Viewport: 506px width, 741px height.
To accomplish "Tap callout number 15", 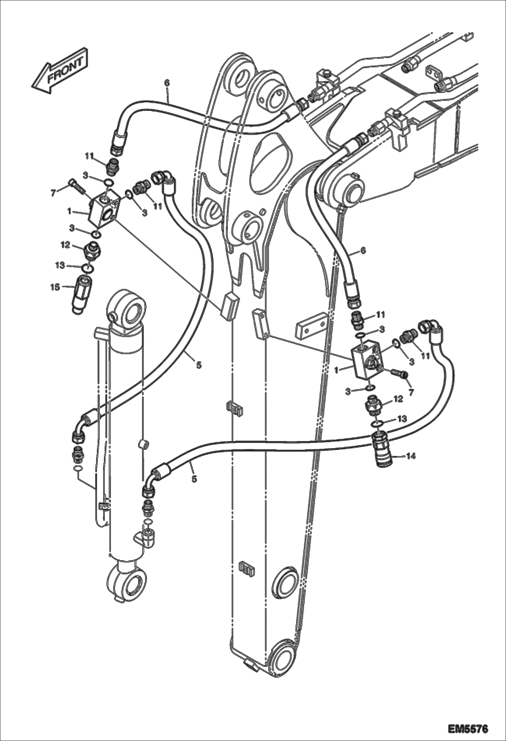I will click(x=55, y=287).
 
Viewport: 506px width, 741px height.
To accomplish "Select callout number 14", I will click(x=410, y=456).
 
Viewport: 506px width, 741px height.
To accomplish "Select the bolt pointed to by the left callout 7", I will click(x=78, y=186).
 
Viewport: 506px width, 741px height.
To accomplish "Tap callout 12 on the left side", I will click(x=65, y=245).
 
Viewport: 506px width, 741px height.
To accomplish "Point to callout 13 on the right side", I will click(x=402, y=419).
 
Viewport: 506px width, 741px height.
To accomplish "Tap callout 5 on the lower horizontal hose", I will click(x=194, y=479).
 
